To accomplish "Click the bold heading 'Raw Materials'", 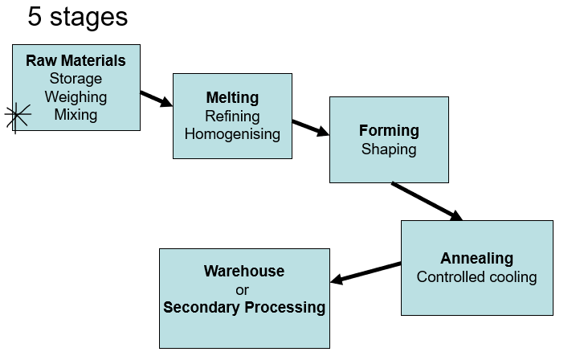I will click(76, 61).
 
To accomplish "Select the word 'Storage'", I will click(76, 79).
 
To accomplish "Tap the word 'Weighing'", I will click(76, 96).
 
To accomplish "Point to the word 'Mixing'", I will click(76, 114).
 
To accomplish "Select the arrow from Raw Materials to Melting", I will click(157, 99).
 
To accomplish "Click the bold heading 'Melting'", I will click(232, 98).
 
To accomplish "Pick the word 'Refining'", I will click(232, 117).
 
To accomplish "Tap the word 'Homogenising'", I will click(232, 134).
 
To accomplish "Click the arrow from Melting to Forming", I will click(310, 127).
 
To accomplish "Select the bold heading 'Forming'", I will click(389, 130).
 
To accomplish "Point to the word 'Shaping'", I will click(389, 149).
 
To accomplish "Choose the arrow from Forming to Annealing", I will click(427, 201).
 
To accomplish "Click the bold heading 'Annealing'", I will click(476, 259).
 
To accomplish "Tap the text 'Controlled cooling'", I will click(476, 277).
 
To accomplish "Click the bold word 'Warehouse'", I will click(244, 271).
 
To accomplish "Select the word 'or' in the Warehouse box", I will click(244, 289).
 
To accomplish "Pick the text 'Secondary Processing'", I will click(244, 307).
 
